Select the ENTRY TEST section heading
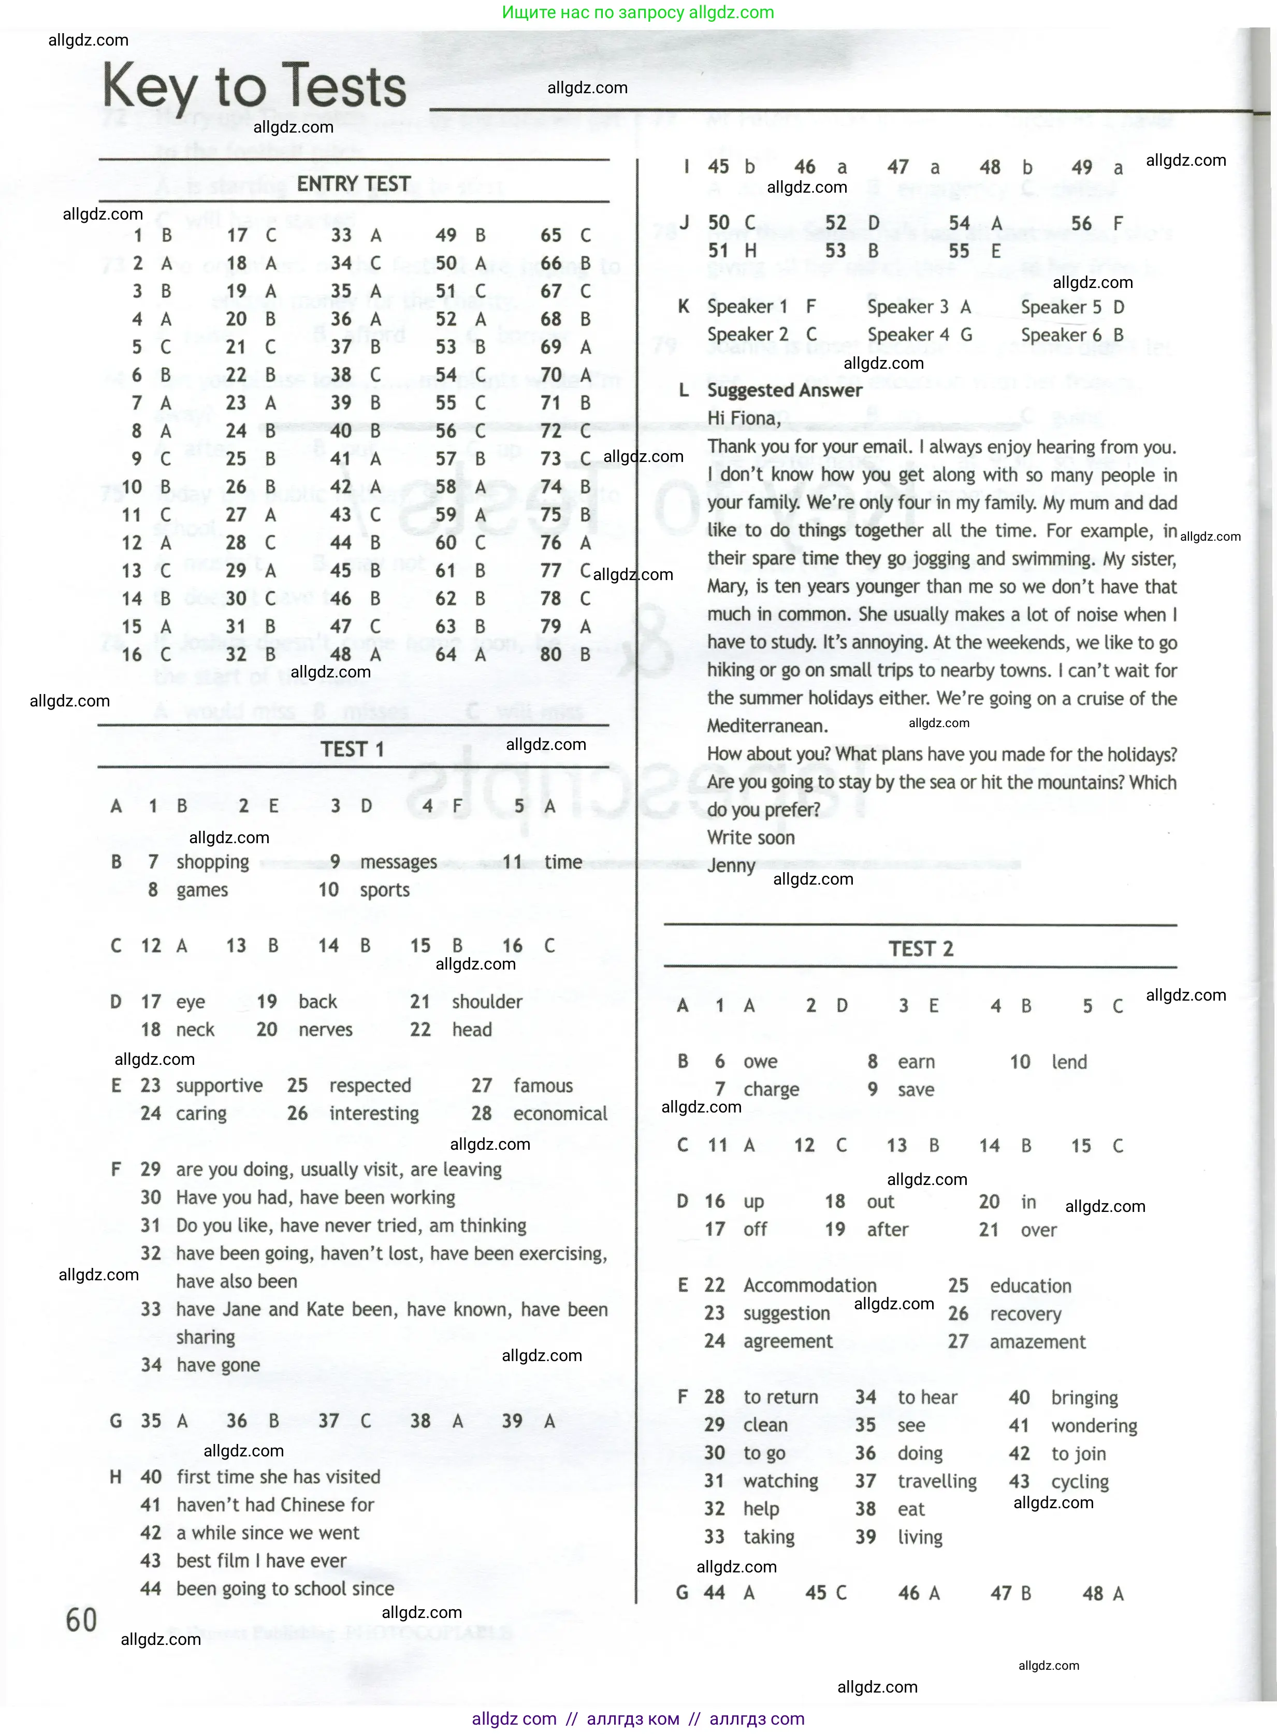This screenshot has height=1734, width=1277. (353, 184)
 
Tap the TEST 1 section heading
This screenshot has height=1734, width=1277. (353, 749)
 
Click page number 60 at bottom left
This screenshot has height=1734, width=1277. (81, 1619)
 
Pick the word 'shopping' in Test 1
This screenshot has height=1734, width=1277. (213, 862)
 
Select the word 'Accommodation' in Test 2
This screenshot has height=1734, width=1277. (809, 1285)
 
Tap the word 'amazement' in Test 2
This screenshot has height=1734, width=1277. (1037, 1341)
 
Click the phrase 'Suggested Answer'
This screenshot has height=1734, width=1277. (784, 391)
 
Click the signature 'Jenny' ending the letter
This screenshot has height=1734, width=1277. (731, 866)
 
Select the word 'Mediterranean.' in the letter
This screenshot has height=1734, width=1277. (767, 726)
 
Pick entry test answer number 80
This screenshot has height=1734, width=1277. (551, 654)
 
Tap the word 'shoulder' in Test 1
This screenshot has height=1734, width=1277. (487, 1002)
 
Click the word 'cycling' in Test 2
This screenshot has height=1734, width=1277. (1079, 1481)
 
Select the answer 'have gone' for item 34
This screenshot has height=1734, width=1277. (218, 1365)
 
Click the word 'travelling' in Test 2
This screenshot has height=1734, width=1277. (937, 1481)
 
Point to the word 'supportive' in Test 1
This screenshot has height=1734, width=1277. (219, 1086)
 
